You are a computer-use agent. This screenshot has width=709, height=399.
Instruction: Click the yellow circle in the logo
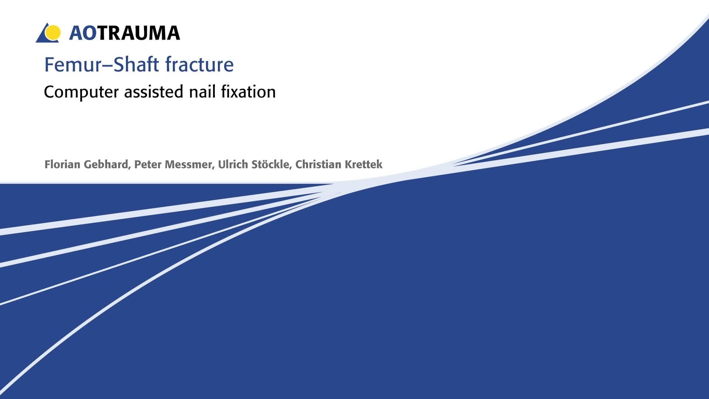pos(53,33)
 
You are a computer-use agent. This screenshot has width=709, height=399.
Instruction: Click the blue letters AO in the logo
pos(83,33)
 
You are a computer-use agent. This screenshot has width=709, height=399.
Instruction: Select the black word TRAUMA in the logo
pos(139,33)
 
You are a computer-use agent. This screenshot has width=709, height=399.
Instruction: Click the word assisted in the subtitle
pos(154,91)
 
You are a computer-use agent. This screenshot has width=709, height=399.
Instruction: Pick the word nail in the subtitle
pos(202,91)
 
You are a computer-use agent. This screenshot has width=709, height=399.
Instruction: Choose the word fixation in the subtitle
pos(249,91)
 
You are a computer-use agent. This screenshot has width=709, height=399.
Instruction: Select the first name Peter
pos(148,164)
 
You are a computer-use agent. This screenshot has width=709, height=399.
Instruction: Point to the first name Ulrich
pos(233,164)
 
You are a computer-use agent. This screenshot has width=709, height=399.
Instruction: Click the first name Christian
pos(318,164)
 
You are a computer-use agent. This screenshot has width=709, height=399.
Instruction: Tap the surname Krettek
pos(363,164)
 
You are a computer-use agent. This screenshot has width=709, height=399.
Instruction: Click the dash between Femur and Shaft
pos(107,66)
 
